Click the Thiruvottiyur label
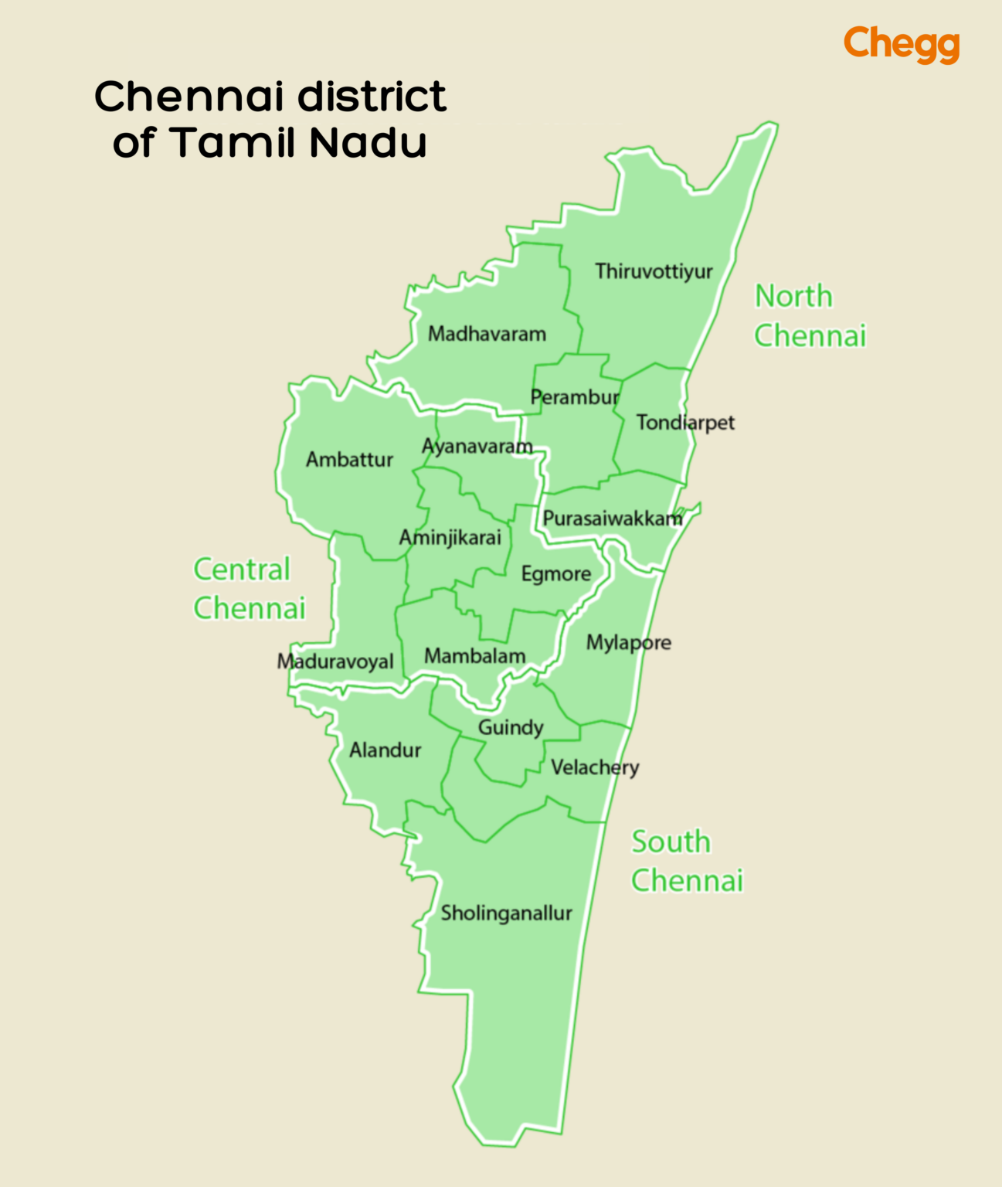pyautogui.click(x=654, y=272)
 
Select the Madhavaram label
pyautogui.click(x=487, y=335)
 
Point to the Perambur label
pyautogui.click(x=575, y=398)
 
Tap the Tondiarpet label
pyautogui.click(x=685, y=423)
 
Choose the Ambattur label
pyautogui.click(x=349, y=460)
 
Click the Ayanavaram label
pyautogui.click(x=477, y=447)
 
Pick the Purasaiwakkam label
pyautogui.click(x=613, y=519)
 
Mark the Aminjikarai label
pyautogui.click(x=450, y=538)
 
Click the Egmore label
pyautogui.click(x=555, y=574)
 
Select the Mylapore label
pyautogui.click(x=628, y=643)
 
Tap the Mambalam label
pyautogui.click(x=474, y=657)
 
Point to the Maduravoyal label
pyautogui.click(x=335, y=662)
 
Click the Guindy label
pyautogui.click(x=511, y=728)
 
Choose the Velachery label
pyautogui.click(x=595, y=768)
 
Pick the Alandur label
pyautogui.click(x=385, y=750)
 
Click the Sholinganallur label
pyautogui.click(x=506, y=913)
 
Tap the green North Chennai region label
pyautogui.click(x=809, y=316)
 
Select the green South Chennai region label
pyautogui.click(x=686, y=862)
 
